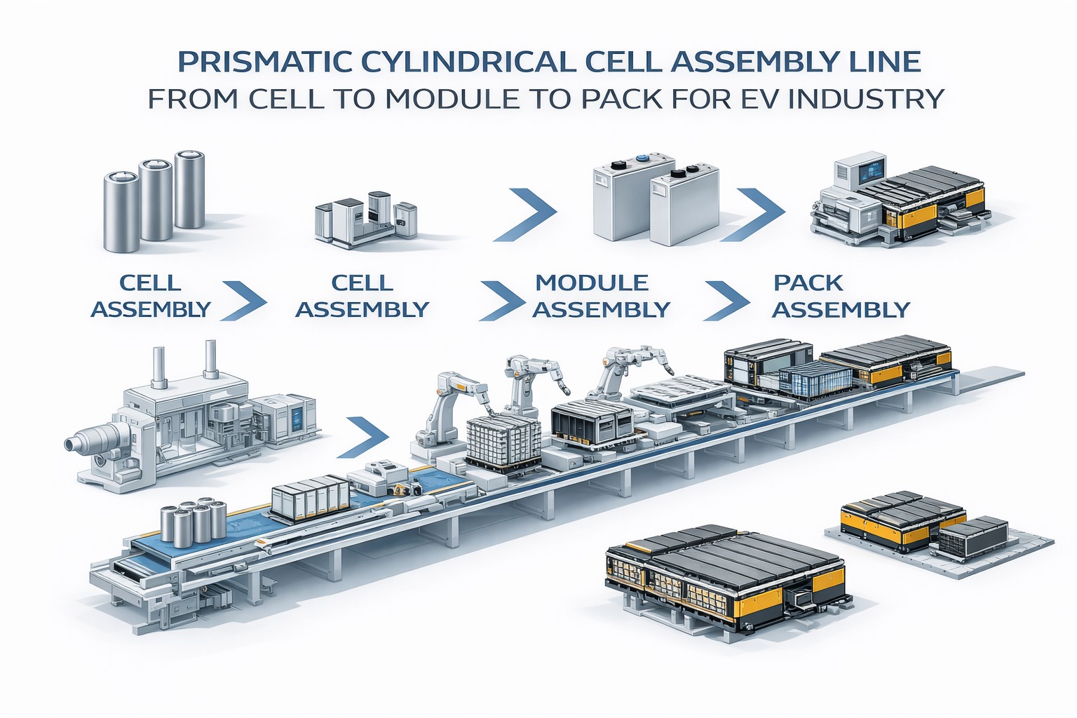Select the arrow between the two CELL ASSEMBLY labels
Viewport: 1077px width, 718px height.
point(245,300)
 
